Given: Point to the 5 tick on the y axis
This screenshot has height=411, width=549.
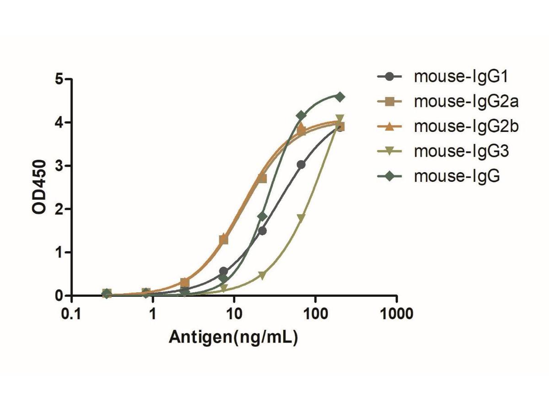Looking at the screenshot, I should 59,79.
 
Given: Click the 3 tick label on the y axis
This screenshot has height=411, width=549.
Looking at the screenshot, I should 59,166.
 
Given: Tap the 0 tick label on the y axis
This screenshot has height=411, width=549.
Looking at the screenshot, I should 59,296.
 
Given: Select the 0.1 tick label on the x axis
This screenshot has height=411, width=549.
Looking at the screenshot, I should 71,315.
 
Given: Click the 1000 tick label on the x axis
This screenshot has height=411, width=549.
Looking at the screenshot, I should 396,315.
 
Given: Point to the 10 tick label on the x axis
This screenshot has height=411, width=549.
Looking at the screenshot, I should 234,315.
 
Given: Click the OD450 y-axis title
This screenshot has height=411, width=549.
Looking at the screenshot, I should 40,187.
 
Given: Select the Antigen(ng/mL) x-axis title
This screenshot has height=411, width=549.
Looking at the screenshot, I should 234,337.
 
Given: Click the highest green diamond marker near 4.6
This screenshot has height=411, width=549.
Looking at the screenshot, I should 340,97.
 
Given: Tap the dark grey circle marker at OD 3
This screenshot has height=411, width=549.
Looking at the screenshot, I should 301,164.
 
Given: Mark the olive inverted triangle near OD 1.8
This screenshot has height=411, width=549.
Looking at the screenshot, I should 301,218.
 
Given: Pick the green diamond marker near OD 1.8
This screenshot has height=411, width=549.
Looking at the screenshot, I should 262,216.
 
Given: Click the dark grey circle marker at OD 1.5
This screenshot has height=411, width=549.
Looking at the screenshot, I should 262,231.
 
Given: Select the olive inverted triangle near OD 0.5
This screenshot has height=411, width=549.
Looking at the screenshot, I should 262,275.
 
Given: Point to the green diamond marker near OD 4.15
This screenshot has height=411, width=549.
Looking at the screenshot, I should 301,115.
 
